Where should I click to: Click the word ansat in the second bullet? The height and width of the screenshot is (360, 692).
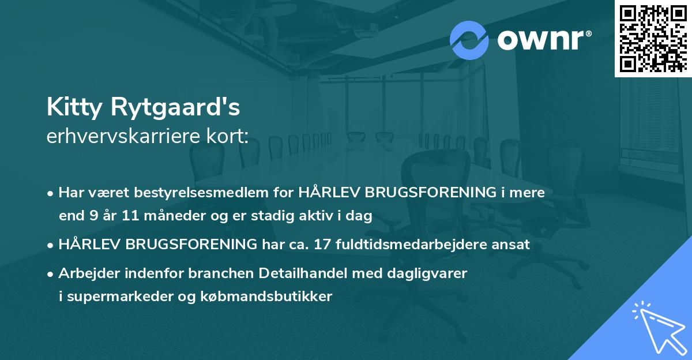click(512, 245)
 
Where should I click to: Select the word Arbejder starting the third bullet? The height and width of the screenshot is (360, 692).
click(85, 273)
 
